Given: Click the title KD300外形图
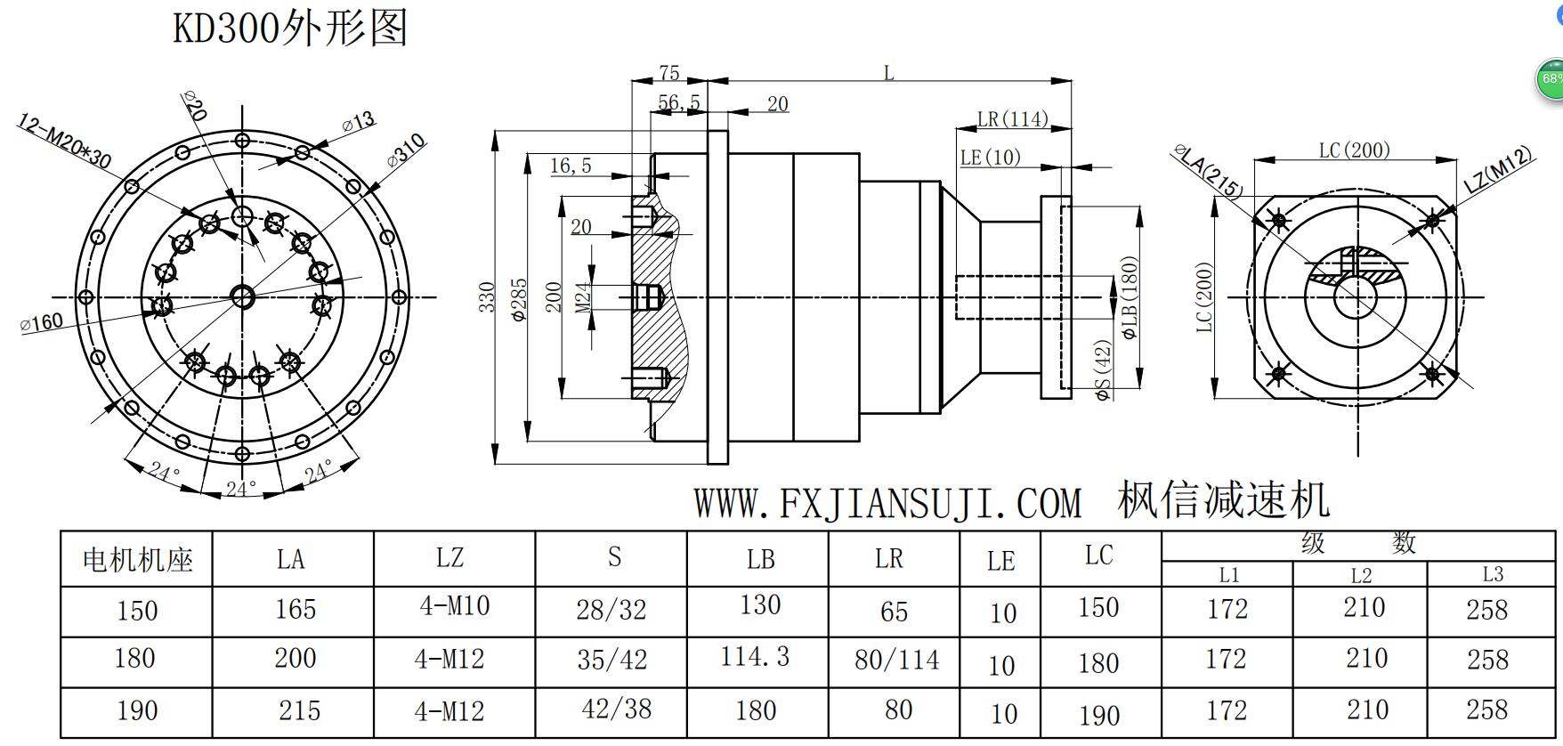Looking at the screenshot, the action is [289, 27].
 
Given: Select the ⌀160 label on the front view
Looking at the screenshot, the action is [42, 322].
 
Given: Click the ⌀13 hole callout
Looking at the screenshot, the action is [358, 123].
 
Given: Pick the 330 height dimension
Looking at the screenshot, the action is [486, 297].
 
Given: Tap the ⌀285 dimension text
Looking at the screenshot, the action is [520, 299].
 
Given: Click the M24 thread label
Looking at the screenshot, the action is [583, 296].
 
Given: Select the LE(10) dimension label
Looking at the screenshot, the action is [990, 158].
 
